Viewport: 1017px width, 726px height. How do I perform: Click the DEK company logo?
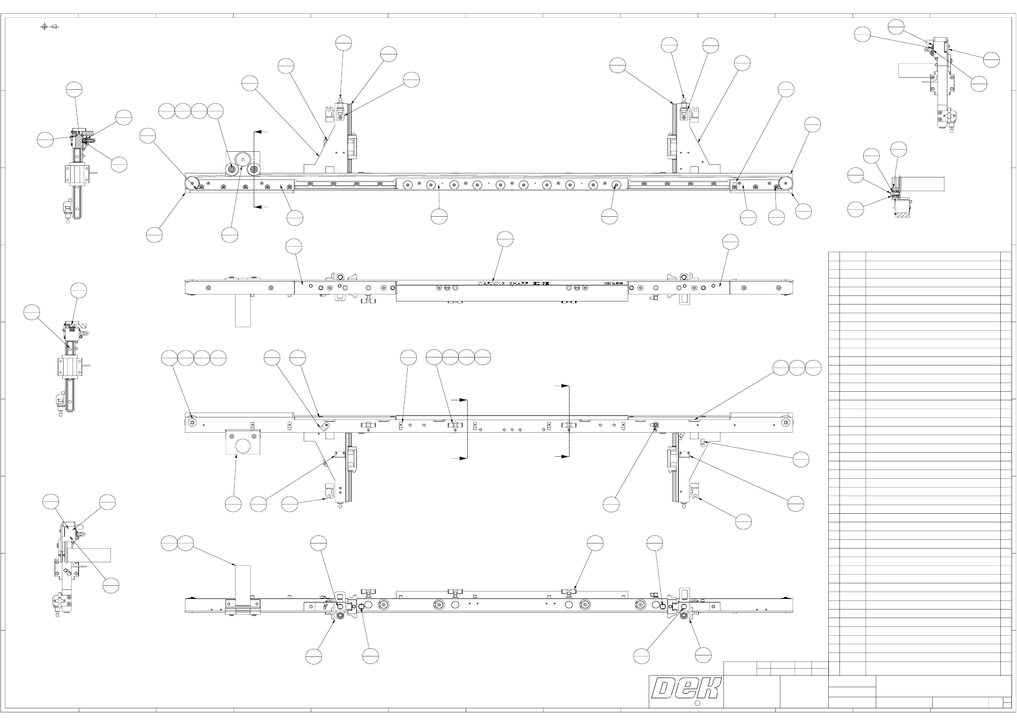[x=686, y=688]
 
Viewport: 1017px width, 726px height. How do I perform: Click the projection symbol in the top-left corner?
[x=49, y=26]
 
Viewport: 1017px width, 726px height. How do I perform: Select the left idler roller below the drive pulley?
[x=232, y=169]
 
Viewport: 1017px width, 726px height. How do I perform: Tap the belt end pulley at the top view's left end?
[x=192, y=183]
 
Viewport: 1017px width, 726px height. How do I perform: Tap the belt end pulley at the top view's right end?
[x=786, y=183]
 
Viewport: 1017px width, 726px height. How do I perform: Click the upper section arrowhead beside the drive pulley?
[x=258, y=132]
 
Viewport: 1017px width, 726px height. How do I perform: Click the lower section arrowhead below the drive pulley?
[x=258, y=207]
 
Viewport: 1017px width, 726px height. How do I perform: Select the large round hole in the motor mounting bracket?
[x=243, y=446]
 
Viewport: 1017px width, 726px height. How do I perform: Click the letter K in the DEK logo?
[x=708, y=688]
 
